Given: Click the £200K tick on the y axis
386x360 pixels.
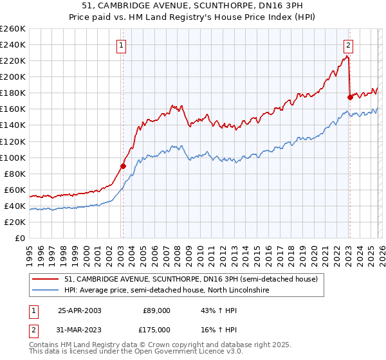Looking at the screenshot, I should pyautogui.click(x=12, y=76).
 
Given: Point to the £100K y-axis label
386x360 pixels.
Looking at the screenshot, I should pyautogui.click(x=12, y=157).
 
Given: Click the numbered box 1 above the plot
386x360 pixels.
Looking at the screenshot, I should pyautogui.click(x=121, y=45).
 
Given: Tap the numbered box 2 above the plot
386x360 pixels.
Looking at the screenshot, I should pyautogui.click(x=348, y=45).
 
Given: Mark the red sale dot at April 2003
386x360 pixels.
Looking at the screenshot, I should pyautogui.click(x=123, y=166).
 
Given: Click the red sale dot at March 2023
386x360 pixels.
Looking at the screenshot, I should pyautogui.click(x=350, y=97).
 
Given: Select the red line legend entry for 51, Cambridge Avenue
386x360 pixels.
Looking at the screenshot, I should pyautogui.click(x=191, y=280).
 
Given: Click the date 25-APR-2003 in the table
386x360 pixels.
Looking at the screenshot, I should pyautogui.click(x=80, y=310).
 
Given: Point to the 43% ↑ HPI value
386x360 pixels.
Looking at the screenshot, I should pyautogui.click(x=219, y=310).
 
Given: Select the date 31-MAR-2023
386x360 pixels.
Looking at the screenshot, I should pyautogui.click(x=80, y=329).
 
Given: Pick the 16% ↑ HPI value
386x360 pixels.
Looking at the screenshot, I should pyautogui.click(x=219, y=329).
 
